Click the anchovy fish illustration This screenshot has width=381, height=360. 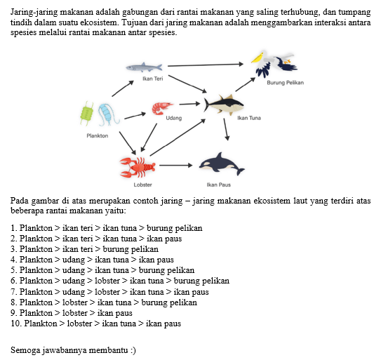tap(144, 67)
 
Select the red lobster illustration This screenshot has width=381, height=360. tap(138, 167)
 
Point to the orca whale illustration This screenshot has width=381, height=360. tap(222, 164)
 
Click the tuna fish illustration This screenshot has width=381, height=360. tap(224, 105)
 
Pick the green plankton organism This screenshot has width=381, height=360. tap(87, 113)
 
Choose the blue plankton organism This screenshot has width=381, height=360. tap(108, 114)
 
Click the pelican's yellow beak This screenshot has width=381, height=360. tap(258, 58)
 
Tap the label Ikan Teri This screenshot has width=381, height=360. tap(152, 79)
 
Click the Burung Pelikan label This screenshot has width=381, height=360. tap(286, 83)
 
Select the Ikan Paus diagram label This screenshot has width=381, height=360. tap(219, 185)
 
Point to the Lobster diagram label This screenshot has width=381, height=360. tap(142, 185)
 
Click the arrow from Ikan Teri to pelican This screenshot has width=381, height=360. tap(206, 65)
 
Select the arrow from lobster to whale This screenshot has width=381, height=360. tap(175, 166)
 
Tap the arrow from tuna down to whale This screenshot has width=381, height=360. tap(226, 130)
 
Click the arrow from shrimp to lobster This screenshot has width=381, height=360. tap(149, 138)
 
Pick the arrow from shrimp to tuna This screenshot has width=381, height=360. tap(189, 104)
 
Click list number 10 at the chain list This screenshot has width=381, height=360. tap(17, 324)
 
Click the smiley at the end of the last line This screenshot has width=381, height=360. tap(133, 350)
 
